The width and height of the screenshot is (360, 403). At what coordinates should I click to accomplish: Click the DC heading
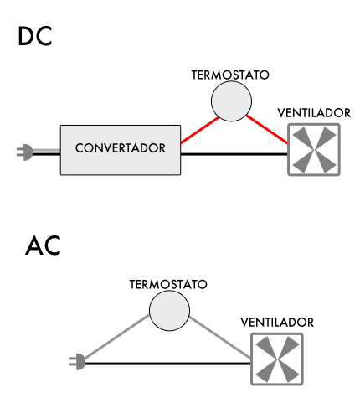[x=35, y=37]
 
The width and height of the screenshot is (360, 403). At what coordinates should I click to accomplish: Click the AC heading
[x=43, y=246]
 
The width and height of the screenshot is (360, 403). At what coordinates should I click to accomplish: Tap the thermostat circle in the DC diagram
[x=230, y=102]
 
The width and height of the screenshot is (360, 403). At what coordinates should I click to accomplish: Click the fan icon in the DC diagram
[x=313, y=150]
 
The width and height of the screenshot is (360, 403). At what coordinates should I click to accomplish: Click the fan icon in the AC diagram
[x=277, y=359]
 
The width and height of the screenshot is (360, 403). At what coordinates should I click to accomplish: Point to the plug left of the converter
[x=26, y=152]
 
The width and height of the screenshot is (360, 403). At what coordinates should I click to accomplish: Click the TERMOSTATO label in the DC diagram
[x=230, y=75]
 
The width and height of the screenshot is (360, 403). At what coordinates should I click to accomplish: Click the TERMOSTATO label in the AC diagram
[x=168, y=285]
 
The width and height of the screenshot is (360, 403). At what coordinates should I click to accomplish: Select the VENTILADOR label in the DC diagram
[x=314, y=114]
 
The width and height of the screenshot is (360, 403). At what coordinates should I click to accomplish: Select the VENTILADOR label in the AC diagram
[x=277, y=323]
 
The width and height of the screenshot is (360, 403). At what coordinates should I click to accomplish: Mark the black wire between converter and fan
[x=234, y=154]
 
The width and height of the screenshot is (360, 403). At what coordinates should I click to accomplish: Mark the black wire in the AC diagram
[x=167, y=363]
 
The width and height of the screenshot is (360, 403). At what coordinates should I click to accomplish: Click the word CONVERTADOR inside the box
[x=121, y=148]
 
